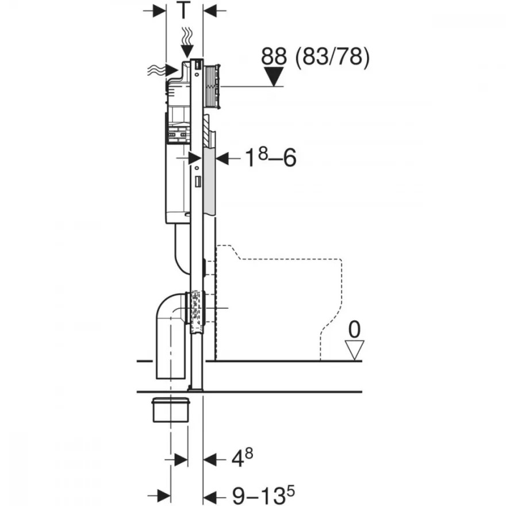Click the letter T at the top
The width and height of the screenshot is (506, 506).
tap(183, 10)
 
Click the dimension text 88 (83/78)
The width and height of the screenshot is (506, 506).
tap(315, 57)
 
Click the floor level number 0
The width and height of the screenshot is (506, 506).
tap(354, 330)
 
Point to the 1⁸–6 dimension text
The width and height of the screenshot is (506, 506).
tap(270, 158)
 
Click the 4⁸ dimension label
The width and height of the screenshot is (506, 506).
tap(242, 458)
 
